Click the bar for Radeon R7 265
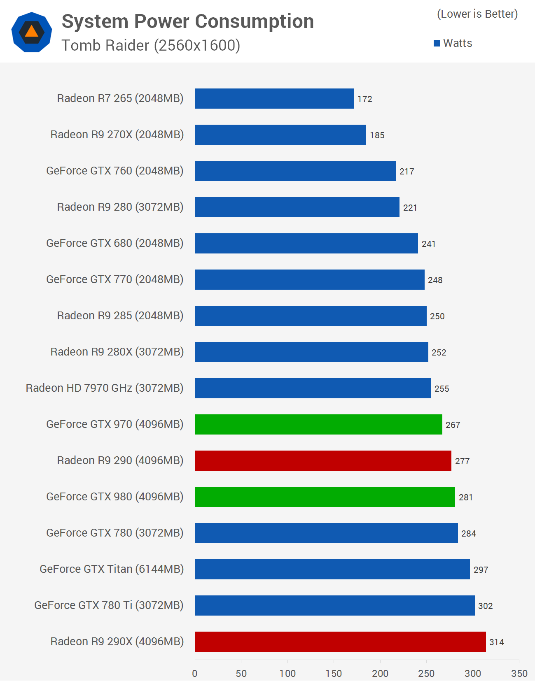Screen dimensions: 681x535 coord(274,99)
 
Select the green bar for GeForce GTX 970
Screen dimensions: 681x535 coord(318,425)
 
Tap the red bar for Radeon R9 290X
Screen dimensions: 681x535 coord(340,642)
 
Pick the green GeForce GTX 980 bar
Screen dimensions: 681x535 coord(325,497)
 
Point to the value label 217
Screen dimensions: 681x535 coord(407,172)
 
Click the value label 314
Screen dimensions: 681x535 coord(496,642)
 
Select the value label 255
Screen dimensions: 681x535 coord(442,389)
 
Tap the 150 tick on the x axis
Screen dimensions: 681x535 coord(334,674)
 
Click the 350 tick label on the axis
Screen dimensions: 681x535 coord(519,674)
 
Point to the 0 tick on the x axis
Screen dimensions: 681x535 coord(195,674)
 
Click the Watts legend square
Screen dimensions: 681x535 coord(437,43)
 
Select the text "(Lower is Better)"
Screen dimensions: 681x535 coord(477,14)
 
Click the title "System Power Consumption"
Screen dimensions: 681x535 coord(188,21)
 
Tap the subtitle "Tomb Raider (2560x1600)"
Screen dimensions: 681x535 coord(151,45)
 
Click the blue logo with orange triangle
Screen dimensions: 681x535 coord(32,32)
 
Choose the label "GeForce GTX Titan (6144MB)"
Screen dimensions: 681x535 coord(112,569)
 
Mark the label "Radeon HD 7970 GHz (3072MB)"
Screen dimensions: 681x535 coord(105,388)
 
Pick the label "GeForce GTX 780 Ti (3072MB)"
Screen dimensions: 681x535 coord(109,605)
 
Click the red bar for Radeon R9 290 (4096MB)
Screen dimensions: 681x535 coord(323,461)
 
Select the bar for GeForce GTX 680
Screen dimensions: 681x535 coord(306,244)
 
